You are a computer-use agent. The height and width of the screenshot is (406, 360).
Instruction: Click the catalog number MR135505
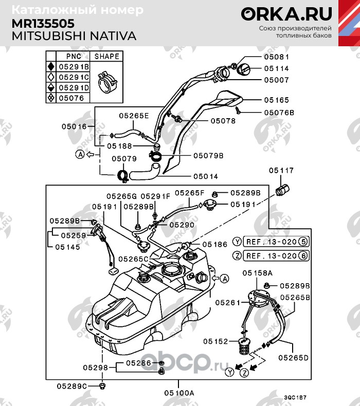43,24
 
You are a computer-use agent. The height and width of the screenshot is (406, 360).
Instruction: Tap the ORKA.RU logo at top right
287,14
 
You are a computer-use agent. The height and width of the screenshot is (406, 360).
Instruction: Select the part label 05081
277,57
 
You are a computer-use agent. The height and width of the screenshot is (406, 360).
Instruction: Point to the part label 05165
277,100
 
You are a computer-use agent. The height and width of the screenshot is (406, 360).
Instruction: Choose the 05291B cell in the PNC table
73,66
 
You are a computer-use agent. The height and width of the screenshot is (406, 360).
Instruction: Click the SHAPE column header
106,56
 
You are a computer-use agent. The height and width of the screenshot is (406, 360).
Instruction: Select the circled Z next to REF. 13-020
237,255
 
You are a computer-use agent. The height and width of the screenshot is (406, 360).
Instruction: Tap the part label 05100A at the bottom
178,393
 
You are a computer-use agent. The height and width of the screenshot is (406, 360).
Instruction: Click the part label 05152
215,341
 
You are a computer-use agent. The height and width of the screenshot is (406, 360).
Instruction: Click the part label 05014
206,176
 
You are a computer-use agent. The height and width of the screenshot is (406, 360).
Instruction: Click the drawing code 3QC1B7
295,397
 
